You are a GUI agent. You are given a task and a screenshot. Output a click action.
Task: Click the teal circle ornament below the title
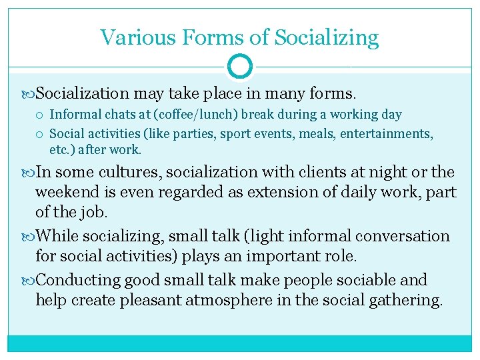tap(240, 67)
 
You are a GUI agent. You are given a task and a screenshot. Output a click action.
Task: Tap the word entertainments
tap(385, 134)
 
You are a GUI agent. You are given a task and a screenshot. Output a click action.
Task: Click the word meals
tap(317, 134)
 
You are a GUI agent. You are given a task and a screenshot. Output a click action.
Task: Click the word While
tap(58, 236)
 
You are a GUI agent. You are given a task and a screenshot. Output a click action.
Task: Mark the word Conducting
tap(79, 280)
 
